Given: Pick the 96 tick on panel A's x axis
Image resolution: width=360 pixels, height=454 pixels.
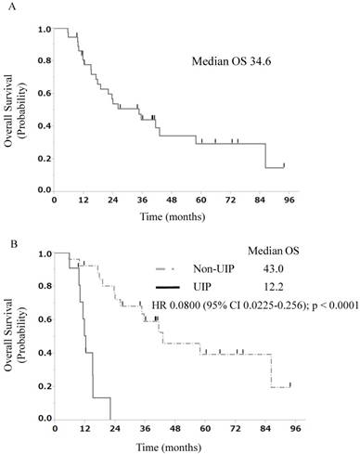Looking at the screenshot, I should [289, 201].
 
